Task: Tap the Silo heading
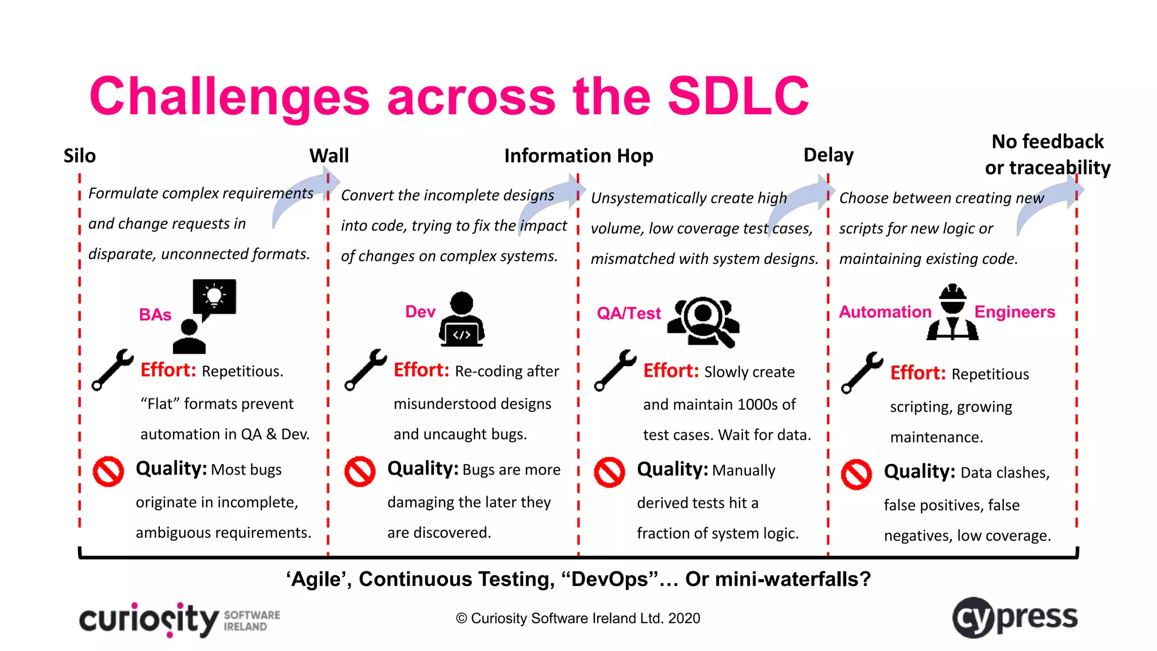[80, 155]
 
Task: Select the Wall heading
[329, 155]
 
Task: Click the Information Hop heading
[578, 155]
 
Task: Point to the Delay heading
[828, 155]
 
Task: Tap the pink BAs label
[155, 315]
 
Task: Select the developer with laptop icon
[462, 320]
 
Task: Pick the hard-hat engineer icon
[952, 313]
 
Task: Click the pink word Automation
[885, 312]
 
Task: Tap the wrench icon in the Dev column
[366, 370]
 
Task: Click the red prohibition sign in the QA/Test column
[609, 472]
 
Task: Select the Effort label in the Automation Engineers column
[917, 373]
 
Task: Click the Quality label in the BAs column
[171, 468]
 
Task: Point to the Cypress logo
[1015, 618]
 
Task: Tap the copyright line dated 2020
[578, 618]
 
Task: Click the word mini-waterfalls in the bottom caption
[794, 579]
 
